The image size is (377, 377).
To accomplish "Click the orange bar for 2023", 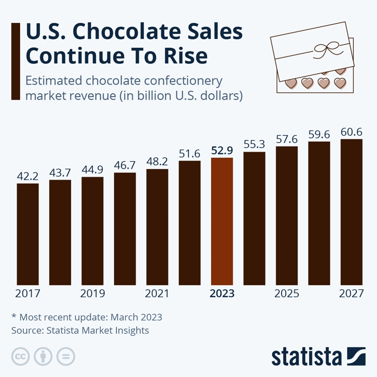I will click(222, 222).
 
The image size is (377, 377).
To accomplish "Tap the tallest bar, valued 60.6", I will click(351, 212).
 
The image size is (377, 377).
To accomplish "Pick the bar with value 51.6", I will click(189, 223).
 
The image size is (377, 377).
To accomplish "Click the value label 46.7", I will click(125, 165).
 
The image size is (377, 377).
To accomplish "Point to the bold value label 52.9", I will click(222, 150).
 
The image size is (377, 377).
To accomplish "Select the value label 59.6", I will click(319, 134).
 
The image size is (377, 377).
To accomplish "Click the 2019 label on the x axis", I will click(92, 294).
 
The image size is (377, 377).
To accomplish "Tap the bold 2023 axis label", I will click(222, 294).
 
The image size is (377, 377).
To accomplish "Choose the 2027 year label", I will click(351, 294).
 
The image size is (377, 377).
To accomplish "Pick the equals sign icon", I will click(66, 356).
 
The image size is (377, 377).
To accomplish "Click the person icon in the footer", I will click(43, 356).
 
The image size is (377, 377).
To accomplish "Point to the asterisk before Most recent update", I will click(14, 317).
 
